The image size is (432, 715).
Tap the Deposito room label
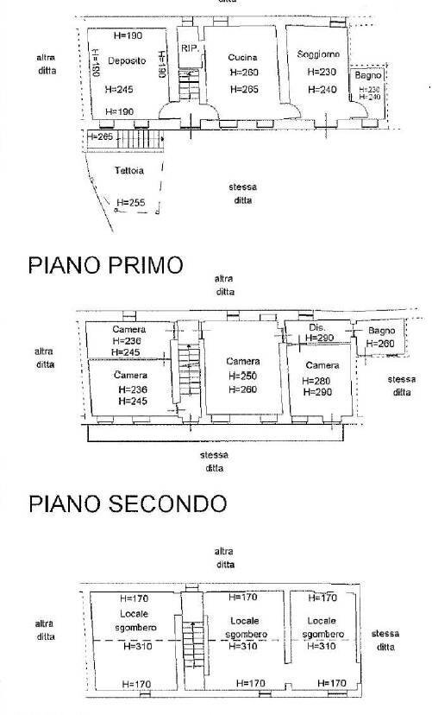point(126,60)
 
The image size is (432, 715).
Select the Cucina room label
point(242,57)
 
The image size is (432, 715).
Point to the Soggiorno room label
point(318,54)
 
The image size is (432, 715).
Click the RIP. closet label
point(190,48)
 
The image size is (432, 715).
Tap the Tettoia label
point(128,171)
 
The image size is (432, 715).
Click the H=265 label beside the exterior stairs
point(102,136)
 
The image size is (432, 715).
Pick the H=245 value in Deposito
point(120,89)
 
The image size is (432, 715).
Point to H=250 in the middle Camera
point(244,376)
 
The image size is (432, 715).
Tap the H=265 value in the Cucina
point(245,88)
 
